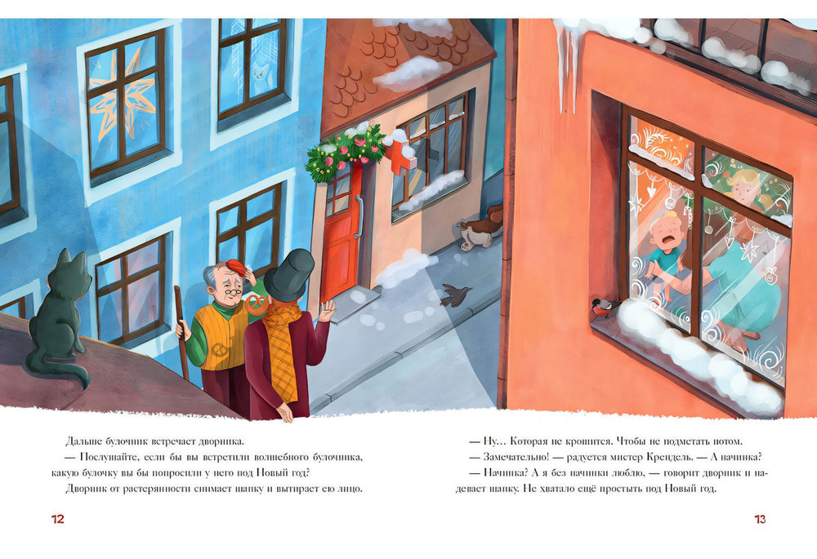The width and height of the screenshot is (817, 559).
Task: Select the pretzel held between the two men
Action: click(255, 303)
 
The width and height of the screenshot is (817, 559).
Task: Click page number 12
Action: click(58, 519)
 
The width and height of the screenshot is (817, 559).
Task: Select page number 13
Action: click(760, 519)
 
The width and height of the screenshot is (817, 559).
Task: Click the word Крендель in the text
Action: click(668, 457)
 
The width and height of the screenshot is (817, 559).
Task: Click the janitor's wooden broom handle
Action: click(182, 333)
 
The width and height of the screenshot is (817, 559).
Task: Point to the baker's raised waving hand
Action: click(328, 311)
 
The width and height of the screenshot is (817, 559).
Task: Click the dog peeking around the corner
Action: click(480, 230)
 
